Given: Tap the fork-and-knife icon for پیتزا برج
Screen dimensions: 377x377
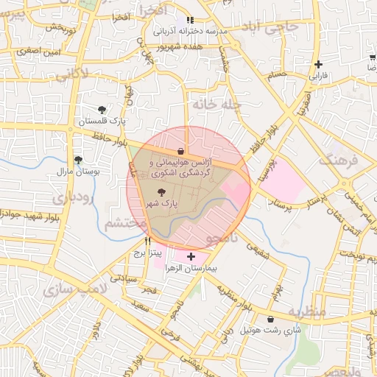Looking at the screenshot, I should (148, 241).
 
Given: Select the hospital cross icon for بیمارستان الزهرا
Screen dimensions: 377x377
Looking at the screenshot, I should (191, 257).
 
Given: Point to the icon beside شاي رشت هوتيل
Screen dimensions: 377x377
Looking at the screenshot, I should (272, 320).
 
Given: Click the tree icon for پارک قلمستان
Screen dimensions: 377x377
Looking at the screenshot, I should (102, 110).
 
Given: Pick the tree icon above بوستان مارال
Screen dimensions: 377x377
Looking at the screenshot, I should (78, 160).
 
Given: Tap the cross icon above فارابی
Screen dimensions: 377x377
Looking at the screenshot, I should (318, 64).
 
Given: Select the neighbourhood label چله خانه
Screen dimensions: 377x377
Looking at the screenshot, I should (217, 105).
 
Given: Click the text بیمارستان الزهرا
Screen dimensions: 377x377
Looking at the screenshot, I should (191, 269).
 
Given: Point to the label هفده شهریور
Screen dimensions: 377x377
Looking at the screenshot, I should (180, 46).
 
